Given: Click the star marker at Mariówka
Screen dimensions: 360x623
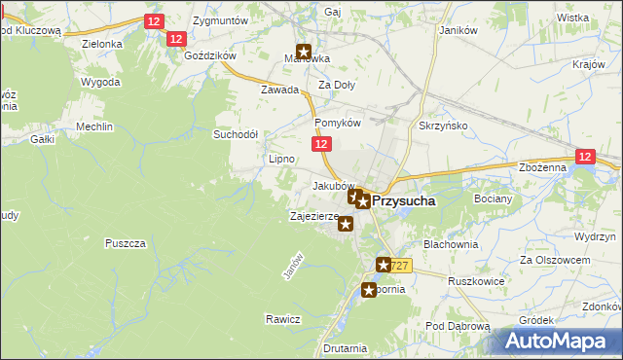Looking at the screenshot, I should pyautogui.click(x=304, y=54).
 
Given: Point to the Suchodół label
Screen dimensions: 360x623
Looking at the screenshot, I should pyautogui.click(x=236, y=134).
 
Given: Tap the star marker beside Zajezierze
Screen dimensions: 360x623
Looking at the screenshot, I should pyautogui.click(x=346, y=225).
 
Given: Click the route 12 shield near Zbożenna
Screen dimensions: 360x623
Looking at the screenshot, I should pyautogui.click(x=584, y=156).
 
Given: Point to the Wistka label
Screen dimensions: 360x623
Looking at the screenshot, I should pyautogui.click(x=573, y=18).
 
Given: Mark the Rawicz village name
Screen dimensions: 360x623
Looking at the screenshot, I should pyautogui.click(x=282, y=319).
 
